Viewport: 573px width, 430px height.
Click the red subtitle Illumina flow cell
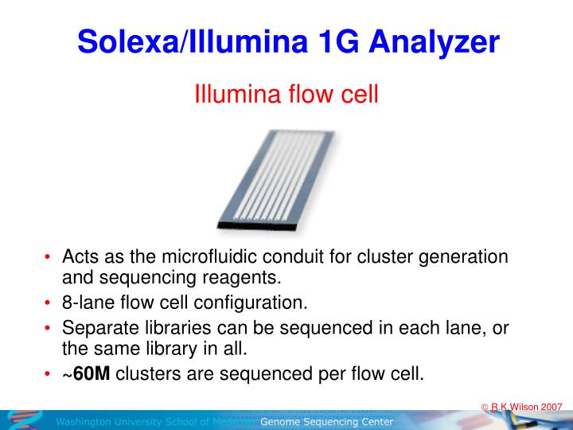tap(286, 96)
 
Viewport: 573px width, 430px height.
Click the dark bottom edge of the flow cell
tap(255, 227)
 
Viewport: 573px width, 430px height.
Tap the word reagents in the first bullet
tap(243, 278)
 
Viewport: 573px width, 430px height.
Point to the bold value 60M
tap(92, 373)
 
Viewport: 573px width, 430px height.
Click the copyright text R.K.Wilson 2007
tap(526, 406)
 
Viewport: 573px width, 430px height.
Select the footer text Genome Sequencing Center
tap(326, 422)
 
